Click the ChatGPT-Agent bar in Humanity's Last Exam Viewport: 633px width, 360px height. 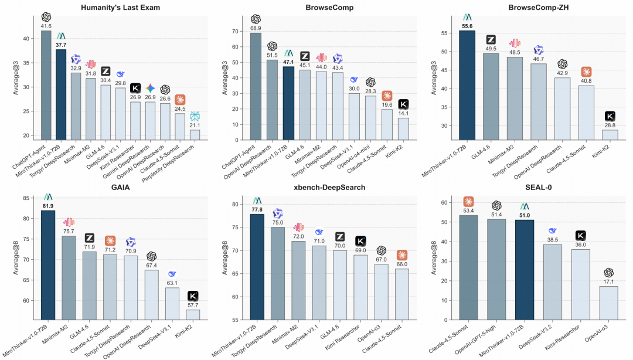(46, 85)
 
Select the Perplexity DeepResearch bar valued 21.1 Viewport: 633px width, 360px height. (195, 135)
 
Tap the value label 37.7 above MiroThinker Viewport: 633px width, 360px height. (61, 45)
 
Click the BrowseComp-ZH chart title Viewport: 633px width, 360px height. (539, 7)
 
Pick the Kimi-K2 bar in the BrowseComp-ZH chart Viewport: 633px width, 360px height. (610, 135)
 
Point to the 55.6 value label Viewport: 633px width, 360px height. (467, 26)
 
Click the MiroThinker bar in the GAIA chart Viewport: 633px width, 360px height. (48, 265)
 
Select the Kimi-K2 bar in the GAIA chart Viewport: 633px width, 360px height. (193, 315)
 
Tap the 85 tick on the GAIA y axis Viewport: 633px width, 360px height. (26, 198)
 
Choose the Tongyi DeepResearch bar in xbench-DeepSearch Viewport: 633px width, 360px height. (278, 274)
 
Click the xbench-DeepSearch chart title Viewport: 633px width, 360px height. (329, 187)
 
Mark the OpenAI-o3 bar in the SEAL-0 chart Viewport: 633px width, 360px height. (608, 303)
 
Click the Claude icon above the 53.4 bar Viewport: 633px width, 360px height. (468, 202)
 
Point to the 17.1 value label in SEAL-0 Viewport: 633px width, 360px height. (608, 281)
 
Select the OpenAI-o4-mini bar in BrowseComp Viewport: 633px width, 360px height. (370, 118)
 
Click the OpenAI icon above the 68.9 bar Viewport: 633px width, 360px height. (256, 19)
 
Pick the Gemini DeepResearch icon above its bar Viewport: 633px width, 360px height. (150, 88)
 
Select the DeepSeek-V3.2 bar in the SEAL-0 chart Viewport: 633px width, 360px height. (553, 282)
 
